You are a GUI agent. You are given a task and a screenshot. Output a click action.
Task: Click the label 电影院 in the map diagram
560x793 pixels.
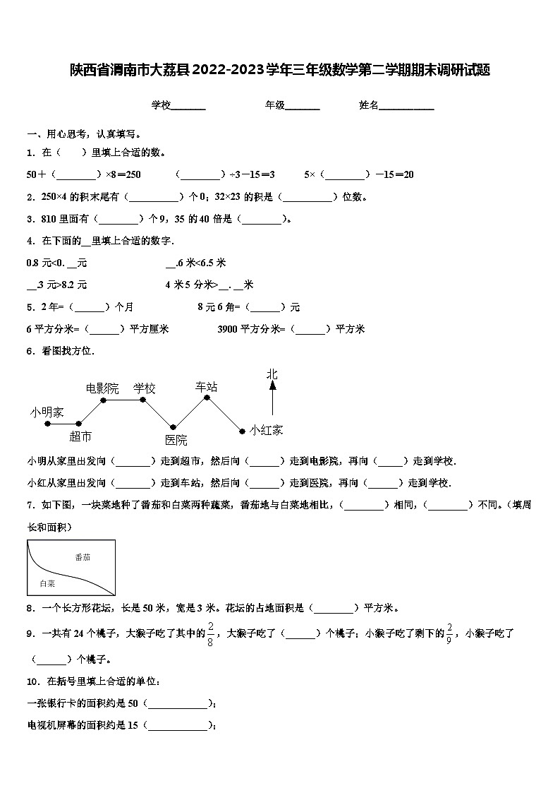click(102, 388)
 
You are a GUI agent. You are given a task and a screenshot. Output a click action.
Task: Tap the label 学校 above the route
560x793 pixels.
click(145, 388)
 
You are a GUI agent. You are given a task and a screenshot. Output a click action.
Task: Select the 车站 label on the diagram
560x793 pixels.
click(206, 386)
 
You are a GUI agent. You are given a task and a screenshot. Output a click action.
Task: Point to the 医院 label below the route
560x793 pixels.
click(176, 440)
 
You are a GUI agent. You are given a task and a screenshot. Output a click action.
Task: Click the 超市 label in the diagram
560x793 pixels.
click(80, 436)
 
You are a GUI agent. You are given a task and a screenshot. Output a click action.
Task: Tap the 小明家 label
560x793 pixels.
click(47, 412)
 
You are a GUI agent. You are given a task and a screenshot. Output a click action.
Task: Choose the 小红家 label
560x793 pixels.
click(266, 429)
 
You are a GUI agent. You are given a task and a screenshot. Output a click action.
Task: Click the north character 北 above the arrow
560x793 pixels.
click(272, 374)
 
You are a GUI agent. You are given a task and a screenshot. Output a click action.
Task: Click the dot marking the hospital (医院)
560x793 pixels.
click(173, 427)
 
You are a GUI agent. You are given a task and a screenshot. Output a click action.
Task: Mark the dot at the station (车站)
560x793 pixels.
click(207, 398)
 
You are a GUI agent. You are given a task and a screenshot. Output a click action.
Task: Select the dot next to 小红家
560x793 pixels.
click(242, 429)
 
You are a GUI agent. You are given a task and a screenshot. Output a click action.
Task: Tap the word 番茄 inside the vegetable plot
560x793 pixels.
click(83, 557)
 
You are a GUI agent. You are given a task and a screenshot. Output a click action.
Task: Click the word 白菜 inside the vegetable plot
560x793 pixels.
click(47, 583)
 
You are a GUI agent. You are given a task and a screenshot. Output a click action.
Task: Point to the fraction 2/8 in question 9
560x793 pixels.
click(210, 633)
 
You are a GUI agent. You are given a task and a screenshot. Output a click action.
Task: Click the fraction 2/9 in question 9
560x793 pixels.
click(450, 633)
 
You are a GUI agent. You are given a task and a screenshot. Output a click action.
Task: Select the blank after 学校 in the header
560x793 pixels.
click(188, 106)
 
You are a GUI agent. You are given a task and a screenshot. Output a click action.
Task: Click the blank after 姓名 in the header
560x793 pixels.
click(407, 106)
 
